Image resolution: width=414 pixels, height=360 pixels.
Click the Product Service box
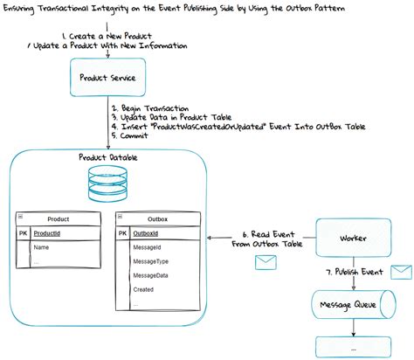click(107, 77)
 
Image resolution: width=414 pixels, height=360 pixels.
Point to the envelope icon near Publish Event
click(401, 272)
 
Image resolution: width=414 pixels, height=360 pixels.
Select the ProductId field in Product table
click(52, 233)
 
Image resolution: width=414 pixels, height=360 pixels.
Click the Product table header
click(59, 219)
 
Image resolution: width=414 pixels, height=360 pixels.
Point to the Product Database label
click(108, 157)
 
